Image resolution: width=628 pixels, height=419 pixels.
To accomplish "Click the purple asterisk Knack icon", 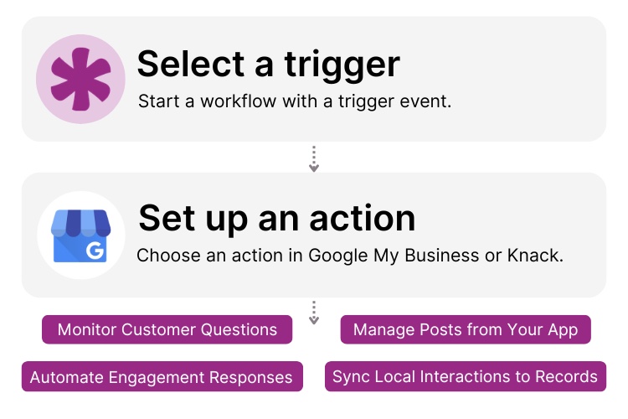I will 80,79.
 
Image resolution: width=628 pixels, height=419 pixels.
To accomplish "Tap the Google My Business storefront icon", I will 80,235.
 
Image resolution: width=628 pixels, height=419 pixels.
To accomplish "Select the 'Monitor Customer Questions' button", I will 167,329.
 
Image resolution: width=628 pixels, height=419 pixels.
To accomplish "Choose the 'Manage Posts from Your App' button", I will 466,329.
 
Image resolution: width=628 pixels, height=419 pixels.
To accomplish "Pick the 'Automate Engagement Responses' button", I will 161,377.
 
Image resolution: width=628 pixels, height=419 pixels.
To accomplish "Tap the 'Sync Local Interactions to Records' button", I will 465,376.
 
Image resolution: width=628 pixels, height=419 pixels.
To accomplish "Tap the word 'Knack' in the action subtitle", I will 534,255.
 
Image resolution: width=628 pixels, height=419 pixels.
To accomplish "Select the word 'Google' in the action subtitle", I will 338,255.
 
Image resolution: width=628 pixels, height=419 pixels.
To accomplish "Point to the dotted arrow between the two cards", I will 314,158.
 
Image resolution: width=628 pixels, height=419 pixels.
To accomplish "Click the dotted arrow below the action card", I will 314,313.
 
